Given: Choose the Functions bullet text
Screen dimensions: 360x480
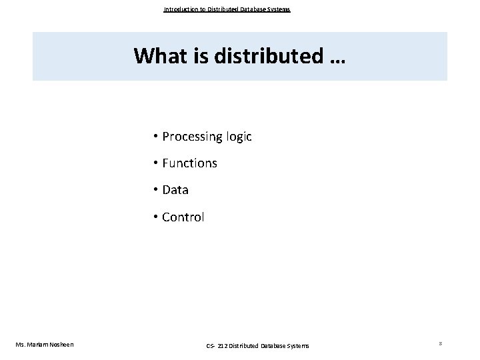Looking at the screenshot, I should pos(189,163).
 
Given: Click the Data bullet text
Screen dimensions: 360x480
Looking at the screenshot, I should pos(175,190).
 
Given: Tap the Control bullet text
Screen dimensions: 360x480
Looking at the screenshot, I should pos(183,217).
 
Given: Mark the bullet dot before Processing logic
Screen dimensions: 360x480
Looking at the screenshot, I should pos(154,137).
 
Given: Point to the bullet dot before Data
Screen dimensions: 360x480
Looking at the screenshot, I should pos(154,190).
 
